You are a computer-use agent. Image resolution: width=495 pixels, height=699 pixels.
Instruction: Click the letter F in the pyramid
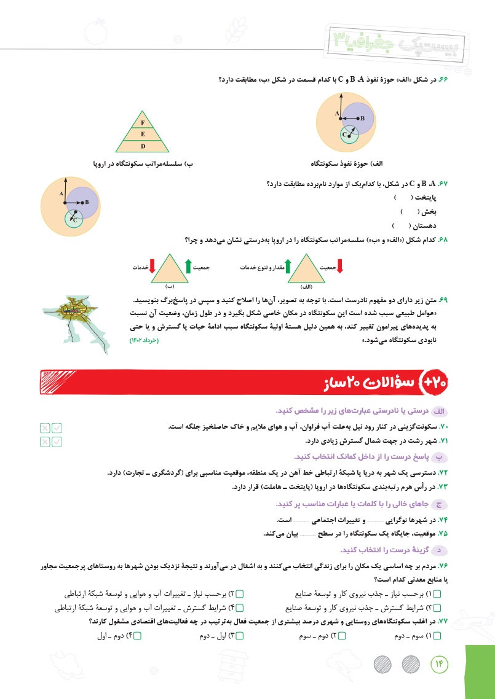[143, 123]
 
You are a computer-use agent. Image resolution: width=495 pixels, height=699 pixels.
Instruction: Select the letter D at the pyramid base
[143, 146]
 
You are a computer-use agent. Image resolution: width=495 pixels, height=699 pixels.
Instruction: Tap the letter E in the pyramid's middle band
[143, 134]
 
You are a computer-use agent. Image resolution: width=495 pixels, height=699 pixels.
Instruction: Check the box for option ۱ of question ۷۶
[445, 595]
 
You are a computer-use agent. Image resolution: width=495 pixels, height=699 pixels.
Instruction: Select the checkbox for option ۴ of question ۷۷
[137, 636]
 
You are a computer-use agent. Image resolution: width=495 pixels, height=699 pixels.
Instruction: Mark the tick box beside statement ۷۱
[57, 441]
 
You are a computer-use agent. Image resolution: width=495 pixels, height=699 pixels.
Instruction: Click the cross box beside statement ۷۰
[45, 428]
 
